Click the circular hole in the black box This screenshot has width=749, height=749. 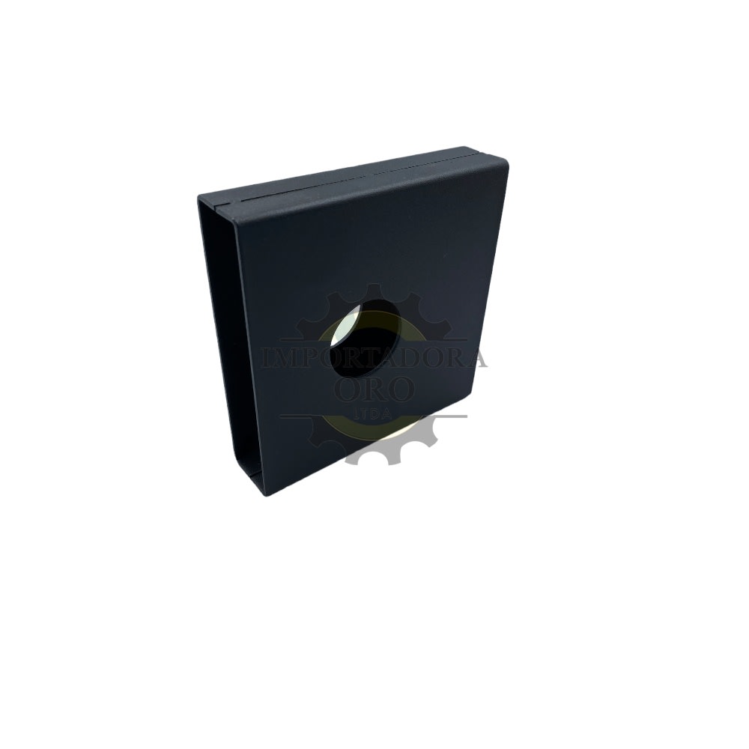[x=366, y=339]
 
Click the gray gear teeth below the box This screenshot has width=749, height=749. [x=389, y=452]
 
